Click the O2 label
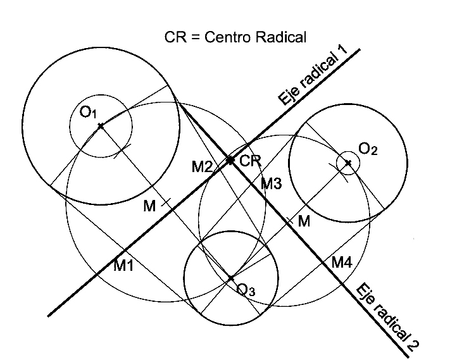pyautogui.click(x=368, y=149)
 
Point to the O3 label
pyautogui.click(x=246, y=290)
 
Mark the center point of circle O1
pyautogui.click(x=100, y=126)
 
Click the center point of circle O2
pyautogui.click(x=348, y=163)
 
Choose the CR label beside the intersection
pyautogui.click(x=251, y=161)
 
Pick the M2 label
pyautogui.click(x=203, y=167)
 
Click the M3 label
pyautogui.click(x=271, y=184)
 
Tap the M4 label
pyautogui.click(x=341, y=263)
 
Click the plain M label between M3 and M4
pyautogui.click(x=304, y=221)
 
